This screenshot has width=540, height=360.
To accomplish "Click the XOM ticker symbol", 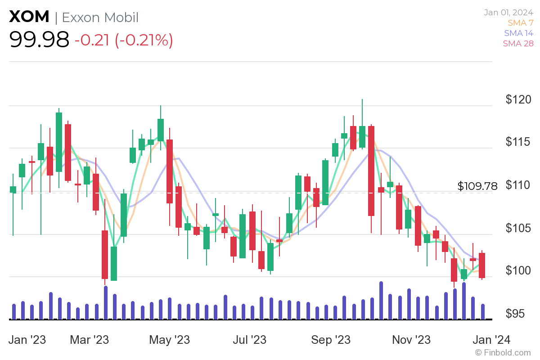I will click(x=29, y=17).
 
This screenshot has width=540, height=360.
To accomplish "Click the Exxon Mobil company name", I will click(x=100, y=17).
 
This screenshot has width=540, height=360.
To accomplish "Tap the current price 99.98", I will click(x=40, y=40).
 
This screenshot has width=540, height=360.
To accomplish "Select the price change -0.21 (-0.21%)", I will click(x=124, y=40).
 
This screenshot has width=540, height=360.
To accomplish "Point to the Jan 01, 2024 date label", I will click(x=508, y=12).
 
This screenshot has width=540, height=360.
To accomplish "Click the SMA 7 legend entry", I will click(x=520, y=22).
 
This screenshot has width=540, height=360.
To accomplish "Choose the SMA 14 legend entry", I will click(x=518, y=33).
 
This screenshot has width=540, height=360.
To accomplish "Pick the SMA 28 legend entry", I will click(x=518, y=43).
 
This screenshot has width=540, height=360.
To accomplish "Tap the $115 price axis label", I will click(x=517, y=142).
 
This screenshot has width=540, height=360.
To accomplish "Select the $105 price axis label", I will click(x=517, y=228).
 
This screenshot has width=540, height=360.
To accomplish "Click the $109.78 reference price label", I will click(x=477, y=186).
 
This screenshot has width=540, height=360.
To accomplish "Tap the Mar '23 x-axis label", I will click(x=89, y=339).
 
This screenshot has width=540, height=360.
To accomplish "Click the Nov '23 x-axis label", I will click(x=411, y=339).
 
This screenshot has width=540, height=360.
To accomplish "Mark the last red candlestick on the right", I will click(x=482, y=265).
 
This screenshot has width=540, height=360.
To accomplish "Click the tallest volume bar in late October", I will click(x=381, y=300).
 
